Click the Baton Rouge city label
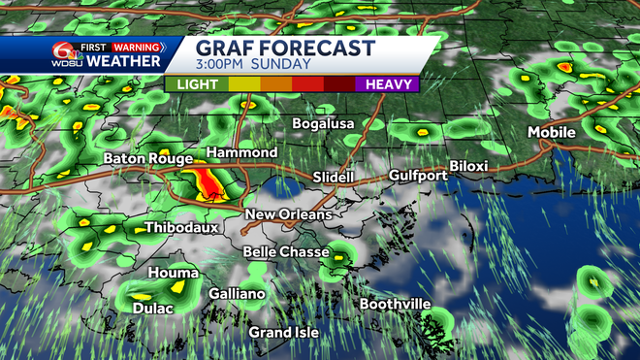click(146, 157)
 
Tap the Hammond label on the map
click(241, 153)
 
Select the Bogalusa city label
click(325, 124)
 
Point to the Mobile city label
click(552, 132)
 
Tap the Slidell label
click(336, 178)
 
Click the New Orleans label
click(288, 214)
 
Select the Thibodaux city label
click(181, 228)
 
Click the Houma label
click(174, 273)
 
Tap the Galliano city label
click(237, 294)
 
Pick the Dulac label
click(152, 309)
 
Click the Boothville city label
click(395, 304)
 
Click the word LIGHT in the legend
click(198, 84)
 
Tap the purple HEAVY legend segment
click(387, 84)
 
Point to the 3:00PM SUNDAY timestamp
click(253, 65)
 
